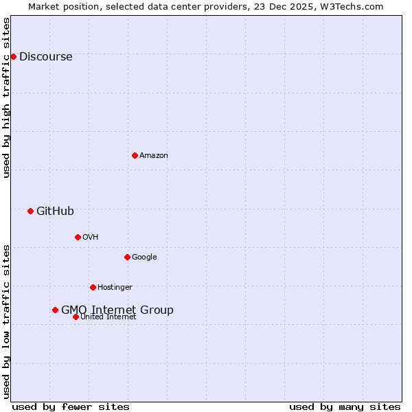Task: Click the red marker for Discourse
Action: coord(13,56)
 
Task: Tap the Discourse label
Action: coord(45,57)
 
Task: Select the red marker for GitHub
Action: coord(30,211)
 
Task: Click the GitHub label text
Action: coord(55,211)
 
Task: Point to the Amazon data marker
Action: coord(135,155)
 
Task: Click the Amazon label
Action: coord(154,156)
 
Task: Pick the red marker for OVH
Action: coord(78,237)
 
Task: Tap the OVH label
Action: coord(90,238)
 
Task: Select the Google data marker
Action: coord(127,257)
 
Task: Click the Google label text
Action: coord(144,257)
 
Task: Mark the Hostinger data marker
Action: coord(93,287)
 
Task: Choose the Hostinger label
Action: coord(115,288)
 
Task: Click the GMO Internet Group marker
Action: coord(55,310)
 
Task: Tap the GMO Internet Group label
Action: coord(117,310)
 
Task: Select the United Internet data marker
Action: coord(76,317)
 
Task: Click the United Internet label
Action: coord(108,317)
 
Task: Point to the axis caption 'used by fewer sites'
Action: coord(71,407)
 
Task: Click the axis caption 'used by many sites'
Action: coord(345,407)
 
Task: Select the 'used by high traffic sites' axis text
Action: coord(7,98)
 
